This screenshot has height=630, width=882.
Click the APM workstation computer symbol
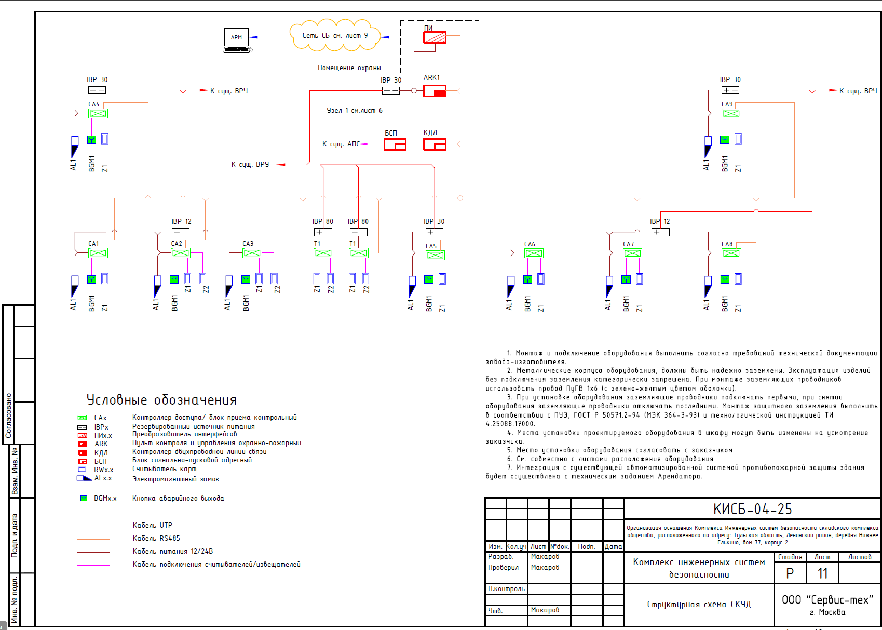tap(237, 40)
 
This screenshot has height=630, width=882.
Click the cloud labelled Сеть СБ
tap(335, 35)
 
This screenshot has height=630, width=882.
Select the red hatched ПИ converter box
tap(435, 37)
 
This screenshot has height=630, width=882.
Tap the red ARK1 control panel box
tap(435, 91)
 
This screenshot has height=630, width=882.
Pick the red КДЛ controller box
tap(435, 144)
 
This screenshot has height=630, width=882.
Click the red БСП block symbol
tap(395, 144)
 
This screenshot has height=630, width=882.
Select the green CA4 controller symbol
tap(98, 113)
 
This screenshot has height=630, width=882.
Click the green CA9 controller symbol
tap(731, 113)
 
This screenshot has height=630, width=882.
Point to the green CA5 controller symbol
tap(435, 256)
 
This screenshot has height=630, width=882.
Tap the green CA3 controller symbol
tap(252, 253)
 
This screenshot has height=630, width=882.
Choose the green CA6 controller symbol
tap(534, 253)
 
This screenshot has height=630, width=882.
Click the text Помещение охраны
tap(349, 68)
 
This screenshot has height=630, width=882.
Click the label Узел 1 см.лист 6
tap(355, 110)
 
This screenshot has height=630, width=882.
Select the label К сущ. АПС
tap(341, 144)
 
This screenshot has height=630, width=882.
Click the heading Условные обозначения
tap(161, 400)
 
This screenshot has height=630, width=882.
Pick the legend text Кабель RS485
tap(156, 538)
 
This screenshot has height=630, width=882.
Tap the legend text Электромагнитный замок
tap(175, 479)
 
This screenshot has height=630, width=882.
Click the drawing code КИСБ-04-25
tap(752, 509)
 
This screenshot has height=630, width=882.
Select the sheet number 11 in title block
tap(822, 573)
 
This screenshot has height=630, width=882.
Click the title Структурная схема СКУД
tap(699, 605)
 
